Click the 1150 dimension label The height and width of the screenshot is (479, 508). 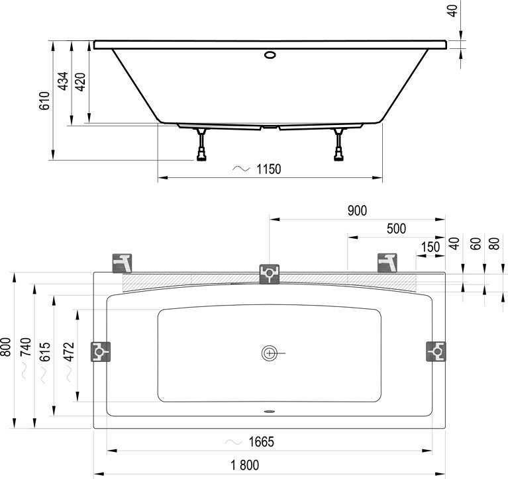click(x=269, y=169)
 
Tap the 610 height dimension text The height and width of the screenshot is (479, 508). click(x=44, y=101)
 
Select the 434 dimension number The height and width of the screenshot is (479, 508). click(x=63, y=81)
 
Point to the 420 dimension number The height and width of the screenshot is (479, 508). click(x=80, y=82)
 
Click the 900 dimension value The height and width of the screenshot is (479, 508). click(x=357, y=210)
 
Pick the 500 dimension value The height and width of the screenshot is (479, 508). click(x=396, y=229)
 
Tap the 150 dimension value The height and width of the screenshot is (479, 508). click(x=431, y=247)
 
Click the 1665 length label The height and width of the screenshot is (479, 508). click(x=261, y=442)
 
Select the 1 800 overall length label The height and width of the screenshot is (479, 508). click(x=244, y=465)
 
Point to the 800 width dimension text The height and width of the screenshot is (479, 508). click(x=6, y=347)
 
